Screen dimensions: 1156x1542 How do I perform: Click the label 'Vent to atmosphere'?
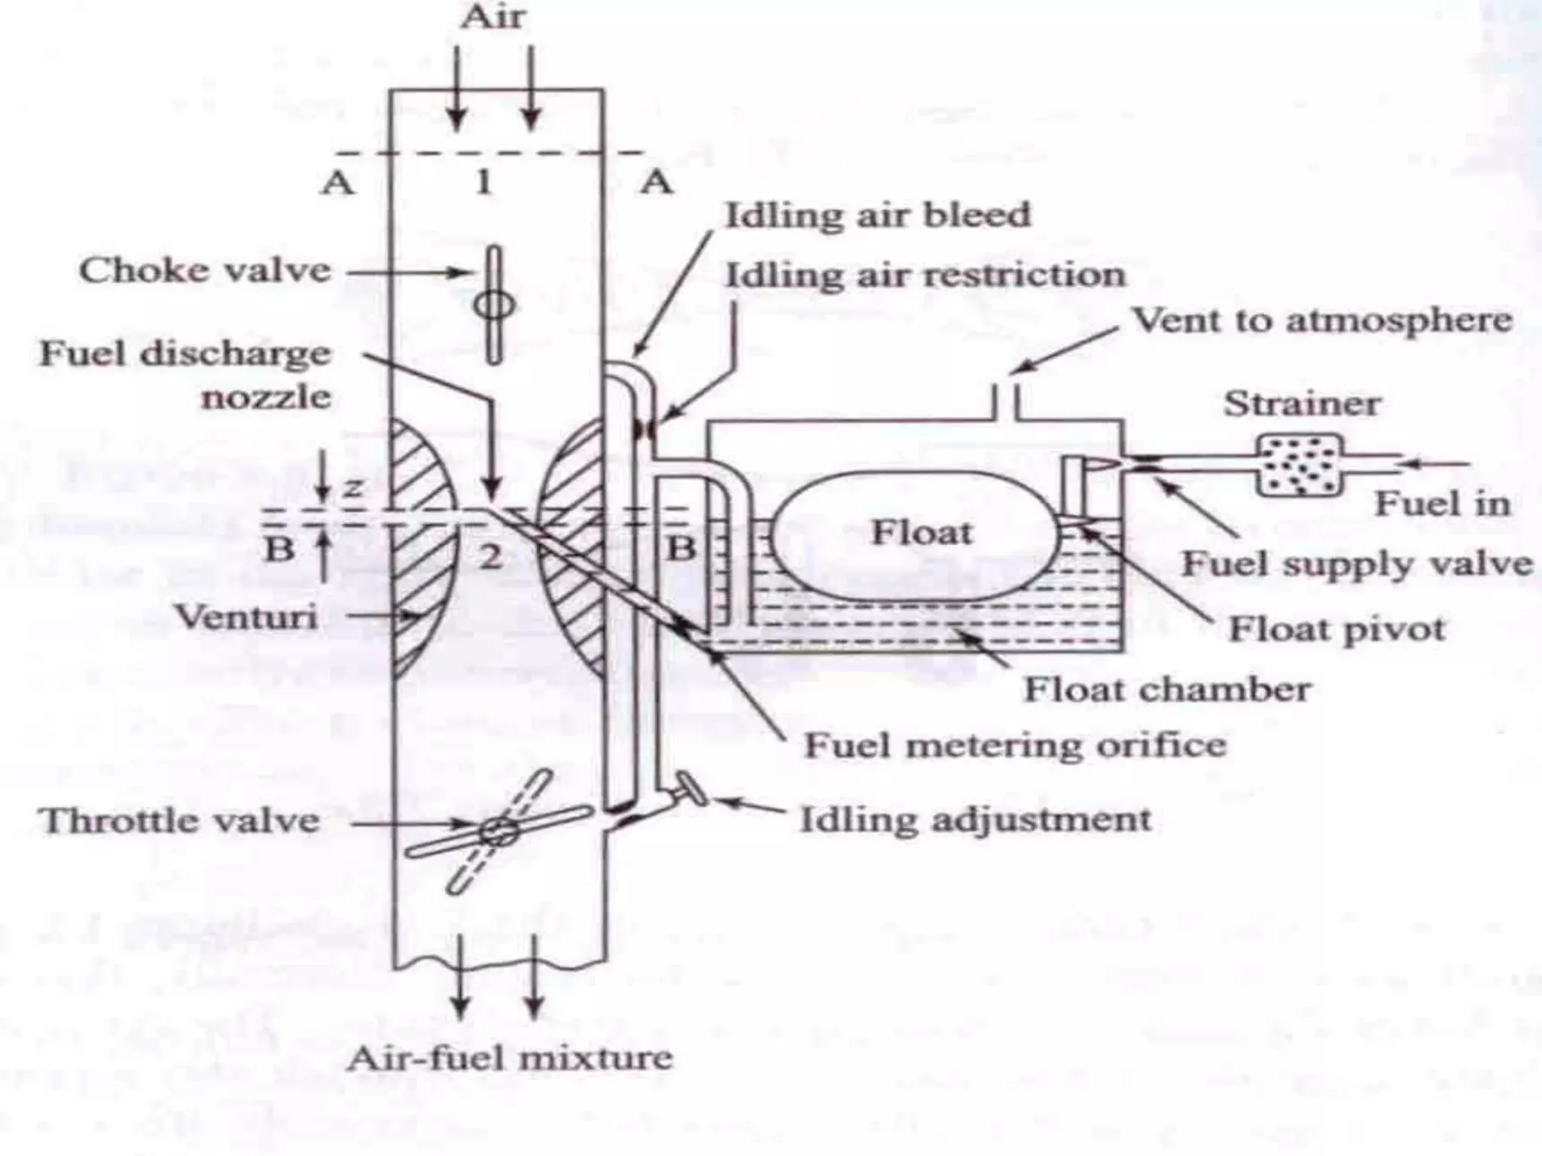[x=1323, y=321]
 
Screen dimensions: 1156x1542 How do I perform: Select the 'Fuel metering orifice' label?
[x=1015, y=745]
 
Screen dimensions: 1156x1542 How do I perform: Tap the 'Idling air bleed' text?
[x=877, y=215]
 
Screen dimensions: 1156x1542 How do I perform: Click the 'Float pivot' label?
[x=1336, y=628]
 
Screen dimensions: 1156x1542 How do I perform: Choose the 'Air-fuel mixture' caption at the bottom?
[x=510, y=1059]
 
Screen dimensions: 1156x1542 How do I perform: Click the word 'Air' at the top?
[x=493, y=17]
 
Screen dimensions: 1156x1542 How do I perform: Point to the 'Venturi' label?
[x=246, y=617]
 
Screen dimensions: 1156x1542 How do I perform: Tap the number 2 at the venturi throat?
[x=490, y=557]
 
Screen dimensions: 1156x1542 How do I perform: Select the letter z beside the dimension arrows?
[x=352, y=488]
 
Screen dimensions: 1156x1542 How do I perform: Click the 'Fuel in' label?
[x=1442, y=503]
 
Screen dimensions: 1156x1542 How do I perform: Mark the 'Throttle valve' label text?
[x=179, y=820]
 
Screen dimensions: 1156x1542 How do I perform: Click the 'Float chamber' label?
[x=1167, y=689]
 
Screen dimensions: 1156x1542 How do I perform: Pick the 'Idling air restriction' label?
[x=925, y=275]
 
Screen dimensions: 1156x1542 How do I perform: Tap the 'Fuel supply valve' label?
[x=1356, y=563]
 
